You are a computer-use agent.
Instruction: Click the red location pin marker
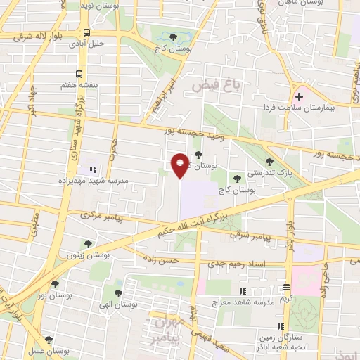click(180, 165)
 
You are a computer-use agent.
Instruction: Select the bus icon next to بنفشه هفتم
click(78, 73)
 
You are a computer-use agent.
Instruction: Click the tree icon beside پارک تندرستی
click(269, 162)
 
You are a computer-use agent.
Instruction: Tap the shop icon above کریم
click(286, 288)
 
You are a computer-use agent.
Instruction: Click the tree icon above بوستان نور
click(54, 284)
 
